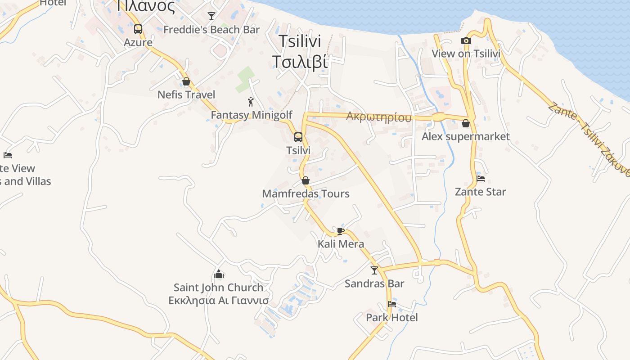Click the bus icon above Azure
coord(138,29)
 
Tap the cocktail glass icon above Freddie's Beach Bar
coord(211,16)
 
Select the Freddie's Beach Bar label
coord(211,30)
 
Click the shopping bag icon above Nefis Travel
coord(186,81)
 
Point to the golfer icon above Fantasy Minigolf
coord(251,102)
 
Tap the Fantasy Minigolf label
coord(252,115)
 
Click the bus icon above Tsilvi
coord(298,137)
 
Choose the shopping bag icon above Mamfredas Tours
coord(306,180)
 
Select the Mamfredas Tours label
coord(306,194)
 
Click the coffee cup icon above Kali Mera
coord(341,231)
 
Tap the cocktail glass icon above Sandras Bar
coord(374,270)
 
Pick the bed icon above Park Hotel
coord(392,304)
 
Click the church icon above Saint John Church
coord(219,274)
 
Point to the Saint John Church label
coord(219,287)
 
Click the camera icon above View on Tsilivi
coord(466,41)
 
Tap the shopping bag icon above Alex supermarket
coord(466,123)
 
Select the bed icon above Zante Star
coord(481,179)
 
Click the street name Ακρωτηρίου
coord(379,117)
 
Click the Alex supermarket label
coord(466,136)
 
